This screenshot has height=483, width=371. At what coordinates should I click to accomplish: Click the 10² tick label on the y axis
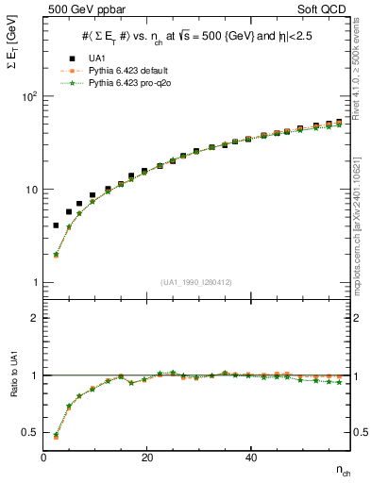29,97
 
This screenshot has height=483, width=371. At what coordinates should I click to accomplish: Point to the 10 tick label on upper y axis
31,190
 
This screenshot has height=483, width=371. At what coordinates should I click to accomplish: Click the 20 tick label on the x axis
147,457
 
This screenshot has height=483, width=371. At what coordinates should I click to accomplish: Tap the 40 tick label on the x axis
250,457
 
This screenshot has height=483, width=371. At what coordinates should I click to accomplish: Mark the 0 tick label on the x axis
44,457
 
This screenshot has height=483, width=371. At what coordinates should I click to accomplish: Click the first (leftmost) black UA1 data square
57,225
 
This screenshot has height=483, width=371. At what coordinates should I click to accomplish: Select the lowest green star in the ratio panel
57,436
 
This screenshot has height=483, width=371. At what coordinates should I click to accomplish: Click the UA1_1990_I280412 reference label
196,282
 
